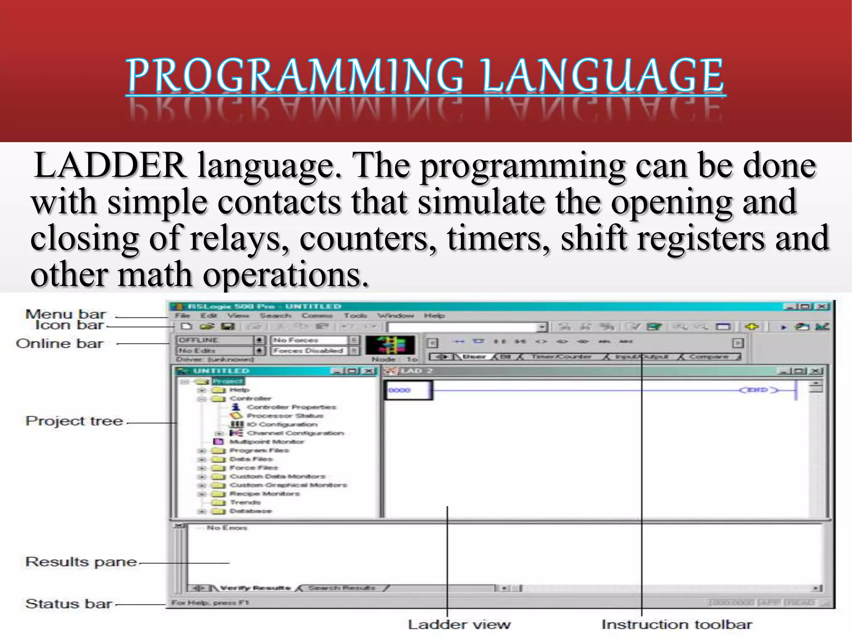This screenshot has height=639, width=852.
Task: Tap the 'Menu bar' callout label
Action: coord(66,314)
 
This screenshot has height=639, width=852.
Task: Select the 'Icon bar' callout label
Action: coord(69,325)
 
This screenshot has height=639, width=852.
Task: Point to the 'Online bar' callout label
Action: coord(59,344)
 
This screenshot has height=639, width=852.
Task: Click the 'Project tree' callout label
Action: coord(74,421)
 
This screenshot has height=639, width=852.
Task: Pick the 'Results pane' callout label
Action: coord(81,562)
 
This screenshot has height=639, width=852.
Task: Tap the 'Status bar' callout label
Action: coord(69,604)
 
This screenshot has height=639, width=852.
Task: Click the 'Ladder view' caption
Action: coord(459,624)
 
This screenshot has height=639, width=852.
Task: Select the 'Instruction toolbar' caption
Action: coord(677,624)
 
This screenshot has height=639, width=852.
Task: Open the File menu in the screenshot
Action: coord(182,316)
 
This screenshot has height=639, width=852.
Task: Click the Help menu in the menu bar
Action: coord(434,316)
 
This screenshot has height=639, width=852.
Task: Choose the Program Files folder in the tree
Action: coord(259,451)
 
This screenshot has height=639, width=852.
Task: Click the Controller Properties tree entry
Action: coord(291,407)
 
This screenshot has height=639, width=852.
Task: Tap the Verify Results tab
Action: coord(255,588)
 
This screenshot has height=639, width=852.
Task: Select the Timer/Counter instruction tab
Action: coord(561,357)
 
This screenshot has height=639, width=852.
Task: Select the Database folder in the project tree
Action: coord(250,511)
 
